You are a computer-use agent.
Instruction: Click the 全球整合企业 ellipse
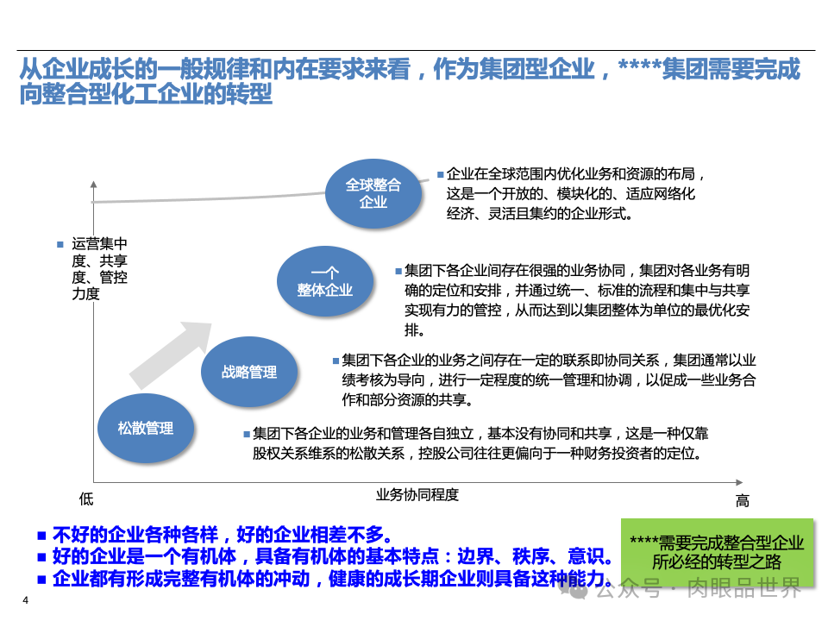[x=373, y=193]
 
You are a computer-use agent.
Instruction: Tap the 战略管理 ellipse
[x=249, y=372]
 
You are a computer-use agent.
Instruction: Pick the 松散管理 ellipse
[x=146, y=428]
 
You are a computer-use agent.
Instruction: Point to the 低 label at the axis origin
[x=85, y=499]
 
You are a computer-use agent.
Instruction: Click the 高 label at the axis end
[x=742, y=500]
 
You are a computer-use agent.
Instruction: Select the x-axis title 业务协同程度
[x=417, y=495]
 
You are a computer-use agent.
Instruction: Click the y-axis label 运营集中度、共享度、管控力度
[x=99, y=268]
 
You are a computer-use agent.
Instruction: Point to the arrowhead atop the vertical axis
[x=93, y=184]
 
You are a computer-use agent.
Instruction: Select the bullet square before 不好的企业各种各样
[x=41, y=533]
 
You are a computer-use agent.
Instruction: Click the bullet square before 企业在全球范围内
[x=440, y=172]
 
